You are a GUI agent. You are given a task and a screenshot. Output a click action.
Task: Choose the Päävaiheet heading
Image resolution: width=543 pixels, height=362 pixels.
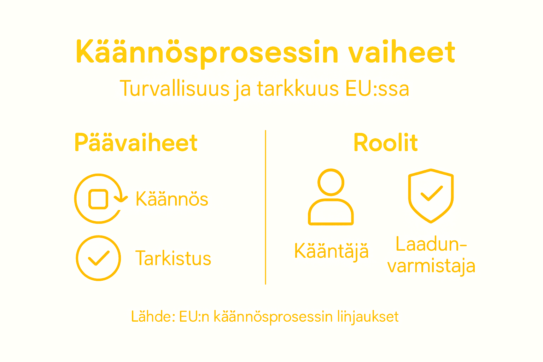coord(136,143)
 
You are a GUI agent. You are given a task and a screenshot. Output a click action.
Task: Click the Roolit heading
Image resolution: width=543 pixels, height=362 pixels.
coord(385,143)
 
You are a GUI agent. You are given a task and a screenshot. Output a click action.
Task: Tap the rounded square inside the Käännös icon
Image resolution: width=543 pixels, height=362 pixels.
coord(98,199)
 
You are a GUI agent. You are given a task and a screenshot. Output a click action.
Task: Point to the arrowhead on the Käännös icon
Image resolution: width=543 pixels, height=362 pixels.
coord(121,199)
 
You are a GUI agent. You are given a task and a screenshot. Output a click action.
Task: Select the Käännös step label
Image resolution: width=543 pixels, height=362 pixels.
coord(172,199)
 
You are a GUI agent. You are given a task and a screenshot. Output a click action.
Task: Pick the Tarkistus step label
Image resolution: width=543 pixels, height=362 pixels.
coord(173,258)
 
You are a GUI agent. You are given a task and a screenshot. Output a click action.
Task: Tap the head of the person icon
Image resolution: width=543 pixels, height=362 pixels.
coord(331,182)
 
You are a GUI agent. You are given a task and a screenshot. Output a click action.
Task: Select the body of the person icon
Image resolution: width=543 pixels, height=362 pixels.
coord(331,212)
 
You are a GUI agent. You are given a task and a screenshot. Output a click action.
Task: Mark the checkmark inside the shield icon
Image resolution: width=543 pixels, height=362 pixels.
coord(431,193)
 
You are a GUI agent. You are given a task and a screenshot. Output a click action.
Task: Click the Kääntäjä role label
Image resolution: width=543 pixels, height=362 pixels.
coord(331,251)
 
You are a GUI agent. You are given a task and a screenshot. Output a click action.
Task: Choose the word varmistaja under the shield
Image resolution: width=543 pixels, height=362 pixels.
coord(431,266)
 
